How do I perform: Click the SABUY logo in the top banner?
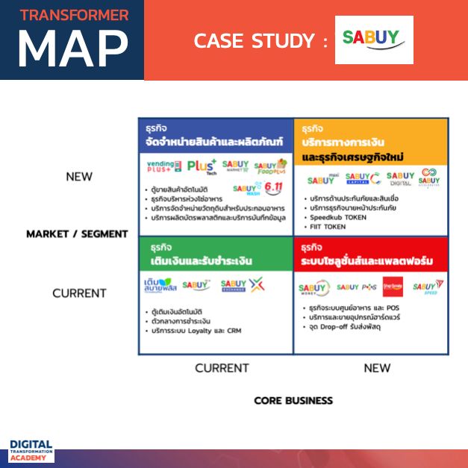[374, 40]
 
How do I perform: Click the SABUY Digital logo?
[400, 178]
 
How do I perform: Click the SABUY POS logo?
[357, 287]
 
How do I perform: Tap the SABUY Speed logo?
[427, 287]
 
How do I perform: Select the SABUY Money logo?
[313, 288]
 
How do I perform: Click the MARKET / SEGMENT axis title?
[77, 234]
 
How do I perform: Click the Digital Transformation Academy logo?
[31, 450]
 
